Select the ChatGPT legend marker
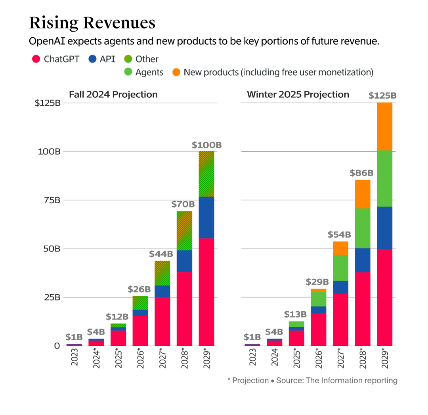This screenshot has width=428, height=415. pos(36,59)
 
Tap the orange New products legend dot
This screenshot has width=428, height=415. pos(176,72)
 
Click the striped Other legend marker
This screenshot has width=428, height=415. pos(128,59)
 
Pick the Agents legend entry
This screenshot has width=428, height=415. pos(149,72)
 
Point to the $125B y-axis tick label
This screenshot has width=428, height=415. pos(47,103)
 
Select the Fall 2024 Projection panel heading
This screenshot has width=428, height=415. pos(113,95)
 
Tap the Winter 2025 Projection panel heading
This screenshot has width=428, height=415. pos(298,95)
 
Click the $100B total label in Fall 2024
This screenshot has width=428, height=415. pos(206,145)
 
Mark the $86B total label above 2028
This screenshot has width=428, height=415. pos(361,173)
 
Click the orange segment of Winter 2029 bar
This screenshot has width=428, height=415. pos(384,127)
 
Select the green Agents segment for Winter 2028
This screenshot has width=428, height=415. pos(363,228)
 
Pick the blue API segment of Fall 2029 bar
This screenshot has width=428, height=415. pos(206,217)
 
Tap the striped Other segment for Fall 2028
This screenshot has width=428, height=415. pos(184,230)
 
